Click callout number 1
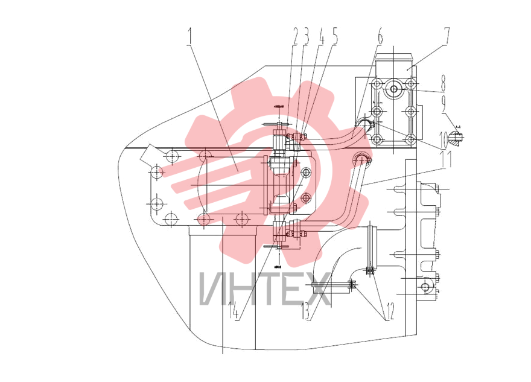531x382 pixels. coord(189,37)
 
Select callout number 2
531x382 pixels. coord(296,36)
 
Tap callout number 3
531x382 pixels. coord(306,36)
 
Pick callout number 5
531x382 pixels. coord(334,36)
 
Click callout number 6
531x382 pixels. coord(380,36)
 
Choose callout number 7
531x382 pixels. coord(447,36)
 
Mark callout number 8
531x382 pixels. coord(443,83)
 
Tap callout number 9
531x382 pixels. coord(445,104)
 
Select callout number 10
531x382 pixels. coord(444,139)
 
